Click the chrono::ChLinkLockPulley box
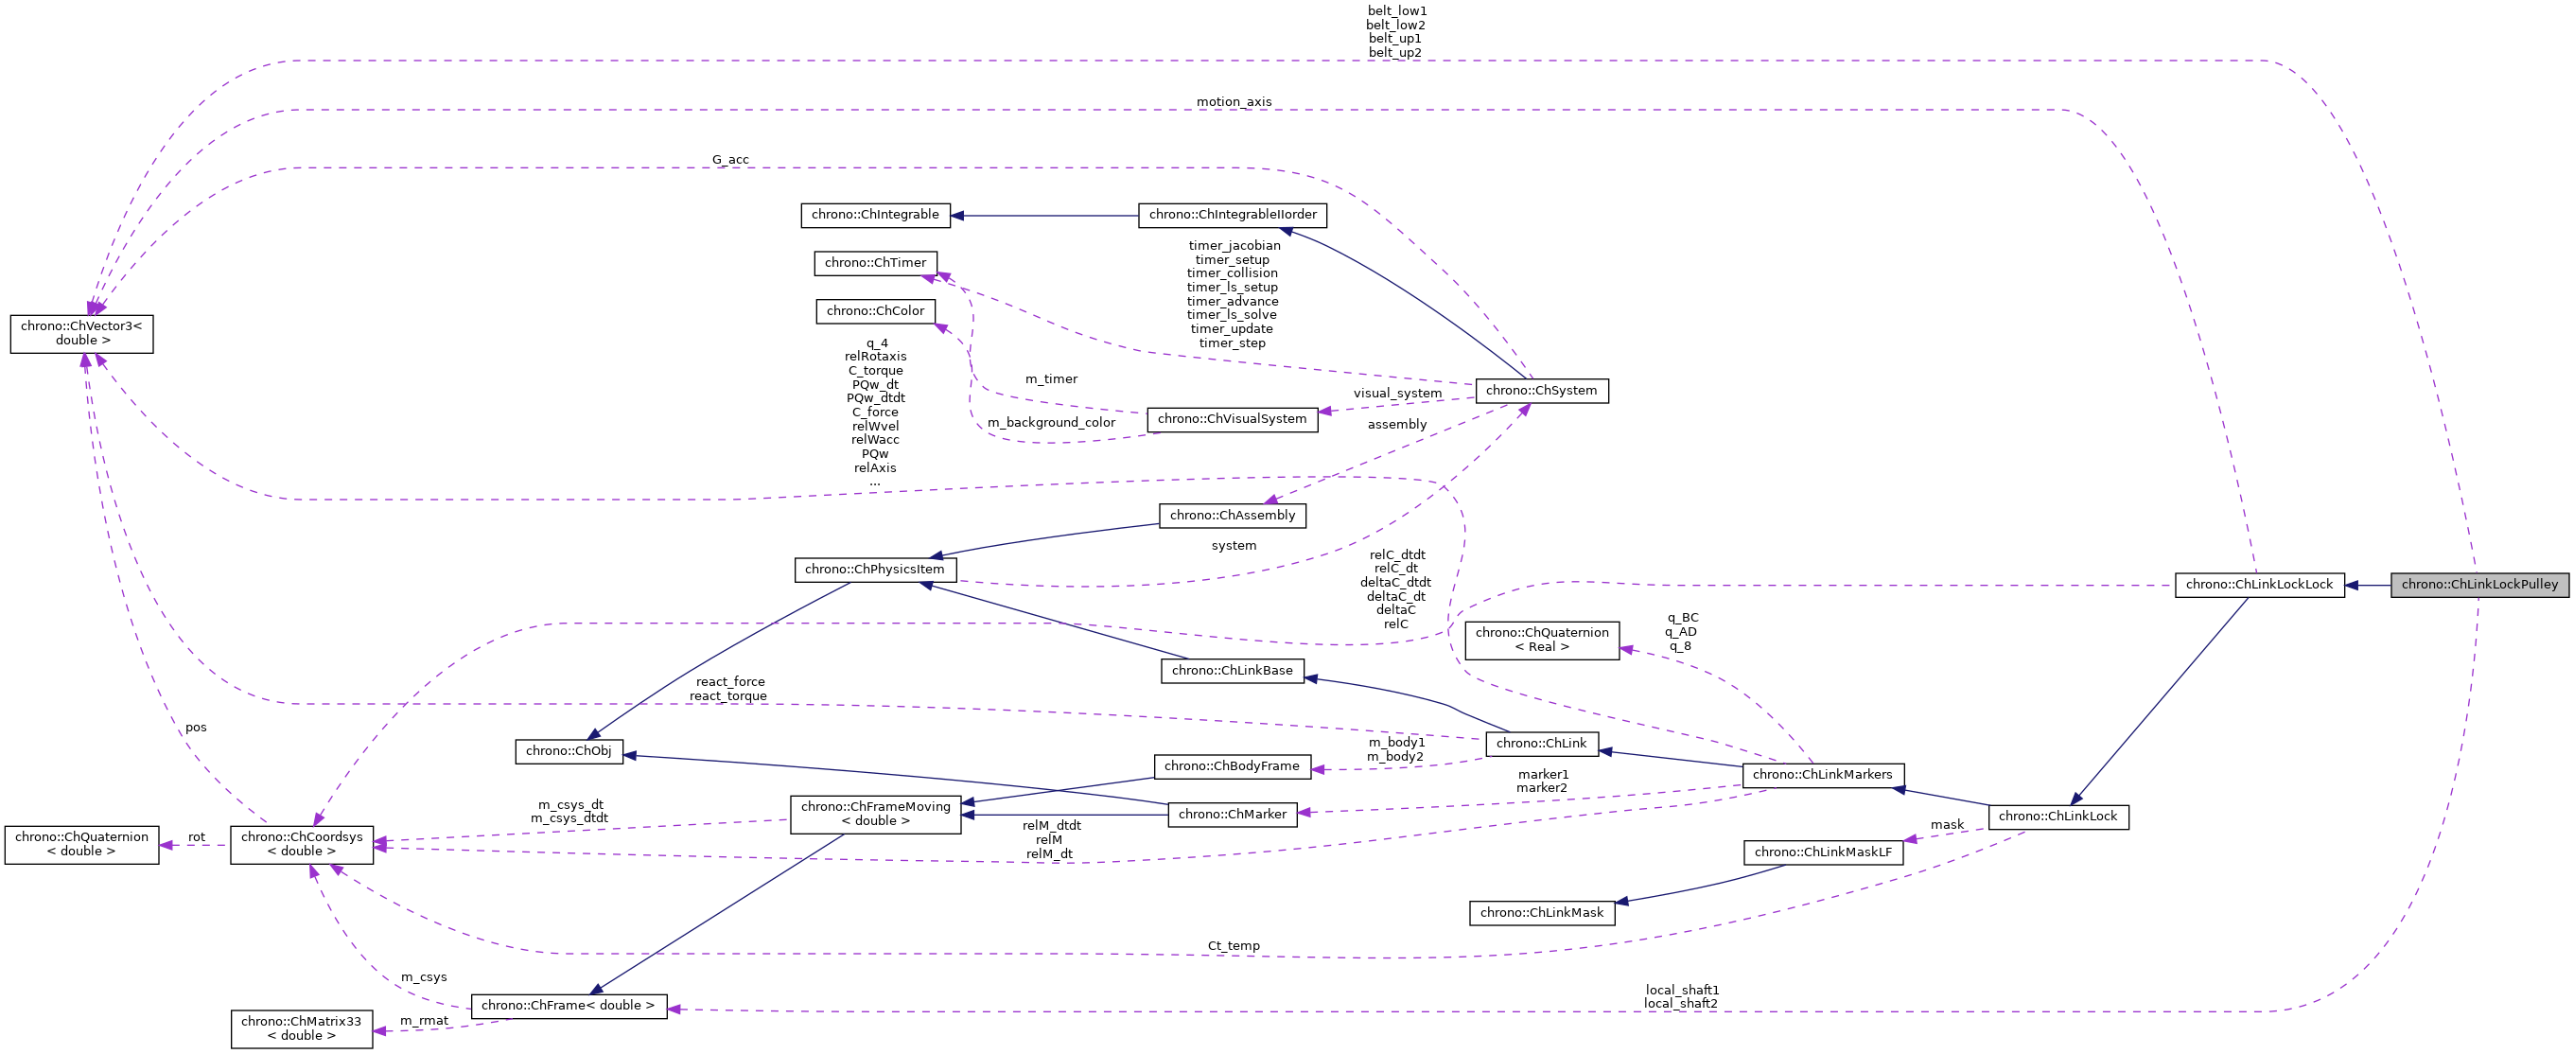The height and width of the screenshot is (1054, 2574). pos(2478,585)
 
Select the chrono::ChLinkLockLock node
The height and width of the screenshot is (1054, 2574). pos(2258,585)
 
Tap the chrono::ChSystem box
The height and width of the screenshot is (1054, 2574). pos(1541,391)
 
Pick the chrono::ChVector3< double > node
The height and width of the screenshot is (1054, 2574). pos(82,334)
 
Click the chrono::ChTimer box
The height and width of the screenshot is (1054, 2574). pos(875,263)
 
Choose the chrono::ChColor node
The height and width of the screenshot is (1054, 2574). pos(875,310)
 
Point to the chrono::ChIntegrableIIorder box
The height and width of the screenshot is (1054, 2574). pos(1232,215)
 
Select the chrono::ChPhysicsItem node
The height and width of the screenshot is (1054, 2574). pos(874,570)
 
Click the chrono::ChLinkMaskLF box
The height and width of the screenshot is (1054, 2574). pos(1823,852)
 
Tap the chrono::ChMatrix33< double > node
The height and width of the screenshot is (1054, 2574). pos(301,1029)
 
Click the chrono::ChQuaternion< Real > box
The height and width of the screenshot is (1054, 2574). pos(1541,640)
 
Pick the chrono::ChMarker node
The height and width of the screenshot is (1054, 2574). pos(1232,815)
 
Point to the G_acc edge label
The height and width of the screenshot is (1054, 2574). pos(729,160)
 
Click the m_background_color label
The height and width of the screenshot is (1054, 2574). pos(1050,423)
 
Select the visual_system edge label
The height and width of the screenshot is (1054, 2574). pos(1397,394)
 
